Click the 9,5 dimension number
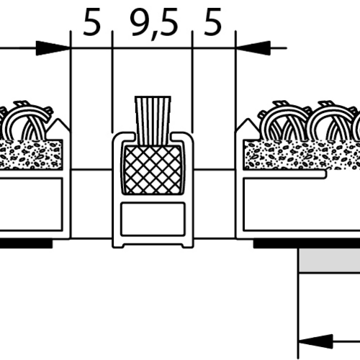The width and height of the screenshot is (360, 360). pos(153,24)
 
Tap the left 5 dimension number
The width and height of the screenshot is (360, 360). pos(91,22)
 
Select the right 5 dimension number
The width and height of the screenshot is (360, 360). pos(212,22)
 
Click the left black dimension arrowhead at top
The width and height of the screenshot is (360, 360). pos(53,48)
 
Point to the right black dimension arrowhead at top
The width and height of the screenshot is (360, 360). pos(253,48)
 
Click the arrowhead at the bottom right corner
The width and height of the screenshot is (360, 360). pos(315,341)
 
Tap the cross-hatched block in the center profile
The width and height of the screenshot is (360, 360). pos(153,170)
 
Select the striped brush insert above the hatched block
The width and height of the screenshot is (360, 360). pos(153,121)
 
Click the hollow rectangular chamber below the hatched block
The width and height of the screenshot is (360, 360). pos(153,219)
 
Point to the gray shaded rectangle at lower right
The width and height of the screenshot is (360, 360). pos(329,260)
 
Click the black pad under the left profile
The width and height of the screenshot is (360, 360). pos(26,243)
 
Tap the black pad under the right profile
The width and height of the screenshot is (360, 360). pos(307,243)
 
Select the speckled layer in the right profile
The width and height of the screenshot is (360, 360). pos(302,155)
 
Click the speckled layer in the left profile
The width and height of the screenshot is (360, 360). pos(31,155)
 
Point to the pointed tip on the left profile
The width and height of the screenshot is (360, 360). pos(58,119)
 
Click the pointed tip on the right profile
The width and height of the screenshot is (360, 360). pos(248,119)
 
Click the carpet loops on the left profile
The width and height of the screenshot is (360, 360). pos(24,121)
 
